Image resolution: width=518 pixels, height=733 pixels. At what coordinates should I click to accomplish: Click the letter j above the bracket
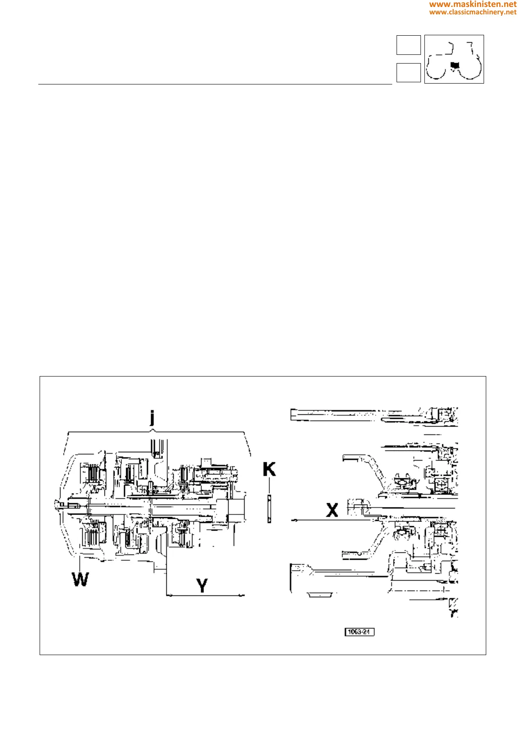coord(152,417)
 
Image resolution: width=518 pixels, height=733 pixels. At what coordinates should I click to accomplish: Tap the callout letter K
coord(269,470)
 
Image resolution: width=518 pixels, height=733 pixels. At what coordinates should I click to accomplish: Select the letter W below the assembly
coord(81,579)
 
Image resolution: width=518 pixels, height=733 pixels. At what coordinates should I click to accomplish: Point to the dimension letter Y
coord(202,585)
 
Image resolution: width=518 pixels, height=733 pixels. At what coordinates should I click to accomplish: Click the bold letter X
coord(332,510)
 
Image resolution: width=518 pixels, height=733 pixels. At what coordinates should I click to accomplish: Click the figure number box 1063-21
coord(360,632)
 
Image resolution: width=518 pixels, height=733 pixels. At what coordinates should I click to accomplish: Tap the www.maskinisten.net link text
coord(473,4)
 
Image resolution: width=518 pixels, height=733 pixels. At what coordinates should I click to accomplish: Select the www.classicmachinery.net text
coord(473,12)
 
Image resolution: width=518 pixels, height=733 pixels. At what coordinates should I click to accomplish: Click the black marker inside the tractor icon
coord(455,65)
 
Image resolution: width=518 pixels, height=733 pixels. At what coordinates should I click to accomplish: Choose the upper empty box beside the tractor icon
coord(408,45)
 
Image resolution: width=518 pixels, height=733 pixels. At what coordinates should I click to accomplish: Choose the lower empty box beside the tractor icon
coord(408,73)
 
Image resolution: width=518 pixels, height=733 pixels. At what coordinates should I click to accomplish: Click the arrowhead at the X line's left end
coord(293,520)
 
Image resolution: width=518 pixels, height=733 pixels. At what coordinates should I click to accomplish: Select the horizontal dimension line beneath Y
coord(205,595)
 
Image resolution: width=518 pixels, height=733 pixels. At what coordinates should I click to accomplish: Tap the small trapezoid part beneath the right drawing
coord(320,595)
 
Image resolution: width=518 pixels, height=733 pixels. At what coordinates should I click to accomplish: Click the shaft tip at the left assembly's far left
coord(57,504)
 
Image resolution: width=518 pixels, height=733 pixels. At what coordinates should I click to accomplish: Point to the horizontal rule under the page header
coord(215,84)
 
